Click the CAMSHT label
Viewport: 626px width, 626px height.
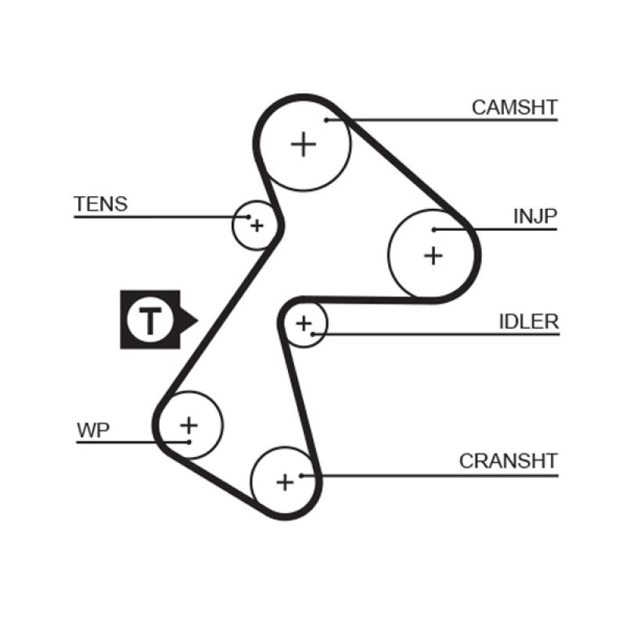click(514, 107)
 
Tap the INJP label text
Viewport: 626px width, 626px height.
click(535, 216)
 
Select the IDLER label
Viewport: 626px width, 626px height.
click(528, 322)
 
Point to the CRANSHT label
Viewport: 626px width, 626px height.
click(508, 461)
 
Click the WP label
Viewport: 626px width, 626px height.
click(94, 430)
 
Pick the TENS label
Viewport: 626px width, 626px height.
click(100, 204)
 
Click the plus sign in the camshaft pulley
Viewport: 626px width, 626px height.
click(304, 145)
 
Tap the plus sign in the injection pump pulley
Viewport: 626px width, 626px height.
click(433, 255)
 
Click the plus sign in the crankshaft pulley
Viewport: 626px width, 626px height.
click(285, 481)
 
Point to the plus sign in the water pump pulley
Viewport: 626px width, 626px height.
click(189, 425)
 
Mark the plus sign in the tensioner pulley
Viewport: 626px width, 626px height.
click(256, 226)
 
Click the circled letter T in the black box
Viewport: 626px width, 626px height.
click(149, 319)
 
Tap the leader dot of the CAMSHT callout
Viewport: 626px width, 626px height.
click(329, 120)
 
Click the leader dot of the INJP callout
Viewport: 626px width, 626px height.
click(434, 229)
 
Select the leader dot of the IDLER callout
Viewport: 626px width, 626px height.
click(312, 335)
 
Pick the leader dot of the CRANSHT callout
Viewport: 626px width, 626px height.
click(301, 474)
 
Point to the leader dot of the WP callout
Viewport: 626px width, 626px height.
click(189, 442)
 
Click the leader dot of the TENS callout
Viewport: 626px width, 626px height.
click(248, 217)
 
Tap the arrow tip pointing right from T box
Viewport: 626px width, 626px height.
click(198, 319)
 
